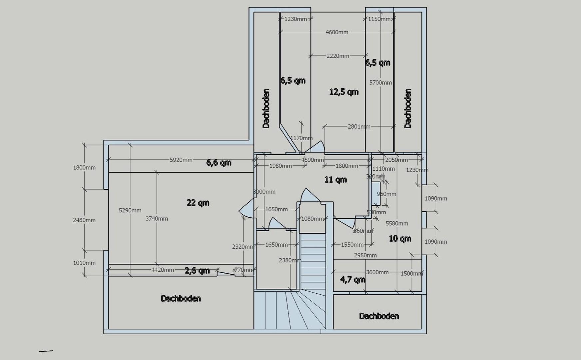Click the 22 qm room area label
[x=198, y=203]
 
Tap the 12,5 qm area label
[x=344, y=92]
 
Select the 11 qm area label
[x=335, y=180]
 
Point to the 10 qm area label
[x=400, y=239]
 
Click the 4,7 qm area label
[x=352, y=279]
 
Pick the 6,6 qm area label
[x=219, y=163]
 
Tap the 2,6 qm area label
[x=197, y=270]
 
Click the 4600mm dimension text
[x=337, y=32]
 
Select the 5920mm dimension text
[x=181, y=160]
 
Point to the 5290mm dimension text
[x=130, y=210]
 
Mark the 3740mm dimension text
[x=157, y=219]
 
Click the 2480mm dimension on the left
[x=84, y=220]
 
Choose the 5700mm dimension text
[x=380, y=83]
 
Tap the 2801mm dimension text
[x=359, y=127]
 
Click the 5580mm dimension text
[x=397, y=223]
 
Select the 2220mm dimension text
[x=338, y=56]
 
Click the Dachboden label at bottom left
[x=181, y=298]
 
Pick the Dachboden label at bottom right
[x=379, y=316]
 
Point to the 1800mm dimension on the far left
[x=84, y=168]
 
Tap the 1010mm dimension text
[x=84, y=263]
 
